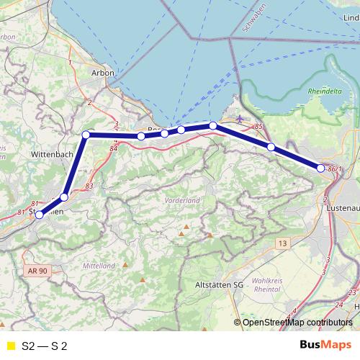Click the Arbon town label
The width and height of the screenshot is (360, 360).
coord(104,73)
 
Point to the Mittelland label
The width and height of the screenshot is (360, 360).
coord(99,266)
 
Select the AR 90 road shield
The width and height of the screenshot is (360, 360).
coord(38,270)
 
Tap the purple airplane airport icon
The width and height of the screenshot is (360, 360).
coord(240,118)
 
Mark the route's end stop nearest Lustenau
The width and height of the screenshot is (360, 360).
coord(321,168)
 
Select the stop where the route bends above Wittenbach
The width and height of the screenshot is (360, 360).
coord(86,135)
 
